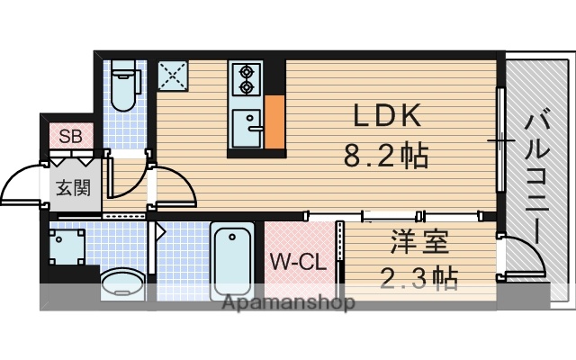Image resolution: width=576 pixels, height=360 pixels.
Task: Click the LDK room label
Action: (x=384, y=116)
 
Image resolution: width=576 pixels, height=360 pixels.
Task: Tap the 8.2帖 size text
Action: (x=384, y=157)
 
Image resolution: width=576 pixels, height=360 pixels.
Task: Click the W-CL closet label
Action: (x=296, y=264)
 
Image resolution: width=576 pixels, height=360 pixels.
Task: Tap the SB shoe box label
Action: (x=69, y=138)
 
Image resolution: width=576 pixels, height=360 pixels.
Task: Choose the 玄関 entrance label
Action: (x=73, y=189)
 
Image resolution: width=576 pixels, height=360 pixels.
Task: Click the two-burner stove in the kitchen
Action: (x=244, y=79)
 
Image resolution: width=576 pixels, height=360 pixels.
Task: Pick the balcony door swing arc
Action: (x=526, y=256)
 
